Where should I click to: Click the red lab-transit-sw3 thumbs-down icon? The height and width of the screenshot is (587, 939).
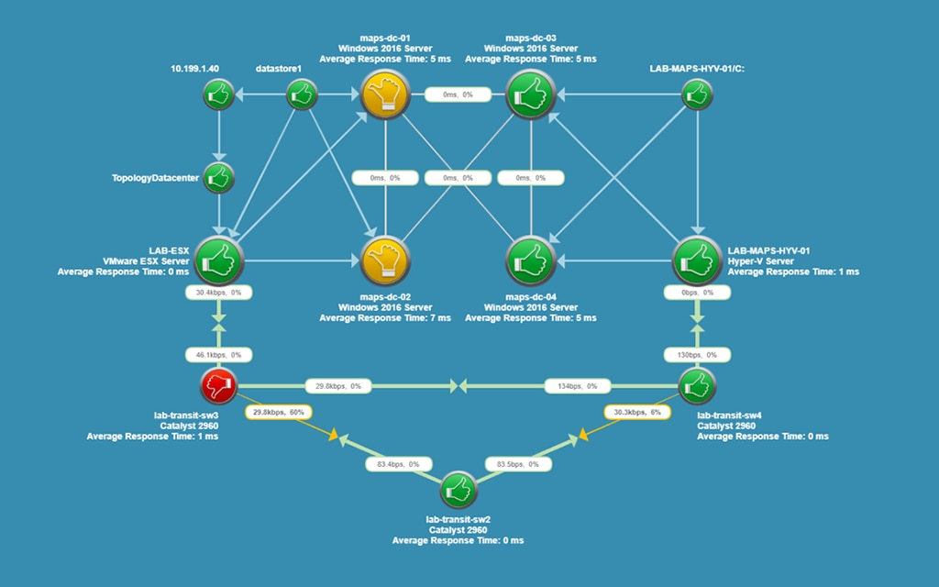(x=218, y=385)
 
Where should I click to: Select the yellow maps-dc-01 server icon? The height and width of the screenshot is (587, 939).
(x=384, y=94)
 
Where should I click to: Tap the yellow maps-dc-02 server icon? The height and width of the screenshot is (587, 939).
(x=384, y=260)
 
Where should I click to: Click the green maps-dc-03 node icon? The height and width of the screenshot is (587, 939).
(x=531, y=94)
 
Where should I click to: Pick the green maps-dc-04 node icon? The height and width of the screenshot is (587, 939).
(x=531, y=260)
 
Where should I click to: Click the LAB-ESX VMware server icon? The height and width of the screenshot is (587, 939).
(x=219, y=260)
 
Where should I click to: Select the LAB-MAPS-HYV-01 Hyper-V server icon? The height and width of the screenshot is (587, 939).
(x=697, y=260)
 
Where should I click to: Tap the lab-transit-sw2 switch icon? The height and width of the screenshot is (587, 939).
(x=458, y=491)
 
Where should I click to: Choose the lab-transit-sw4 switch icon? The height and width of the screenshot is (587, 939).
(x=697, y=385)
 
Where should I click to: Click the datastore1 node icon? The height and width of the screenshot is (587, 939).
(x=302, y=94)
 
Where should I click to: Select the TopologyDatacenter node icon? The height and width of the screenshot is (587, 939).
(x=218, y=177)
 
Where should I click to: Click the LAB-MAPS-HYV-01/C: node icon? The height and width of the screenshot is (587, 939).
(x=697, y=94)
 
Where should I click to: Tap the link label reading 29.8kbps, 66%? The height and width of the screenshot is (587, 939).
(x=277, y=413)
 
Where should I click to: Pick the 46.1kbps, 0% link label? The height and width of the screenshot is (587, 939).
(x=218, y=354)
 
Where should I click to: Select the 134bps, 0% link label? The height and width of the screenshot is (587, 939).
(x=578, y=386)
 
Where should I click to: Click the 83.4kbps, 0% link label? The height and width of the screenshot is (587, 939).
(x=398, y=464)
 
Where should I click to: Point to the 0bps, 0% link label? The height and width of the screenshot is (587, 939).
(x=697, y=293)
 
